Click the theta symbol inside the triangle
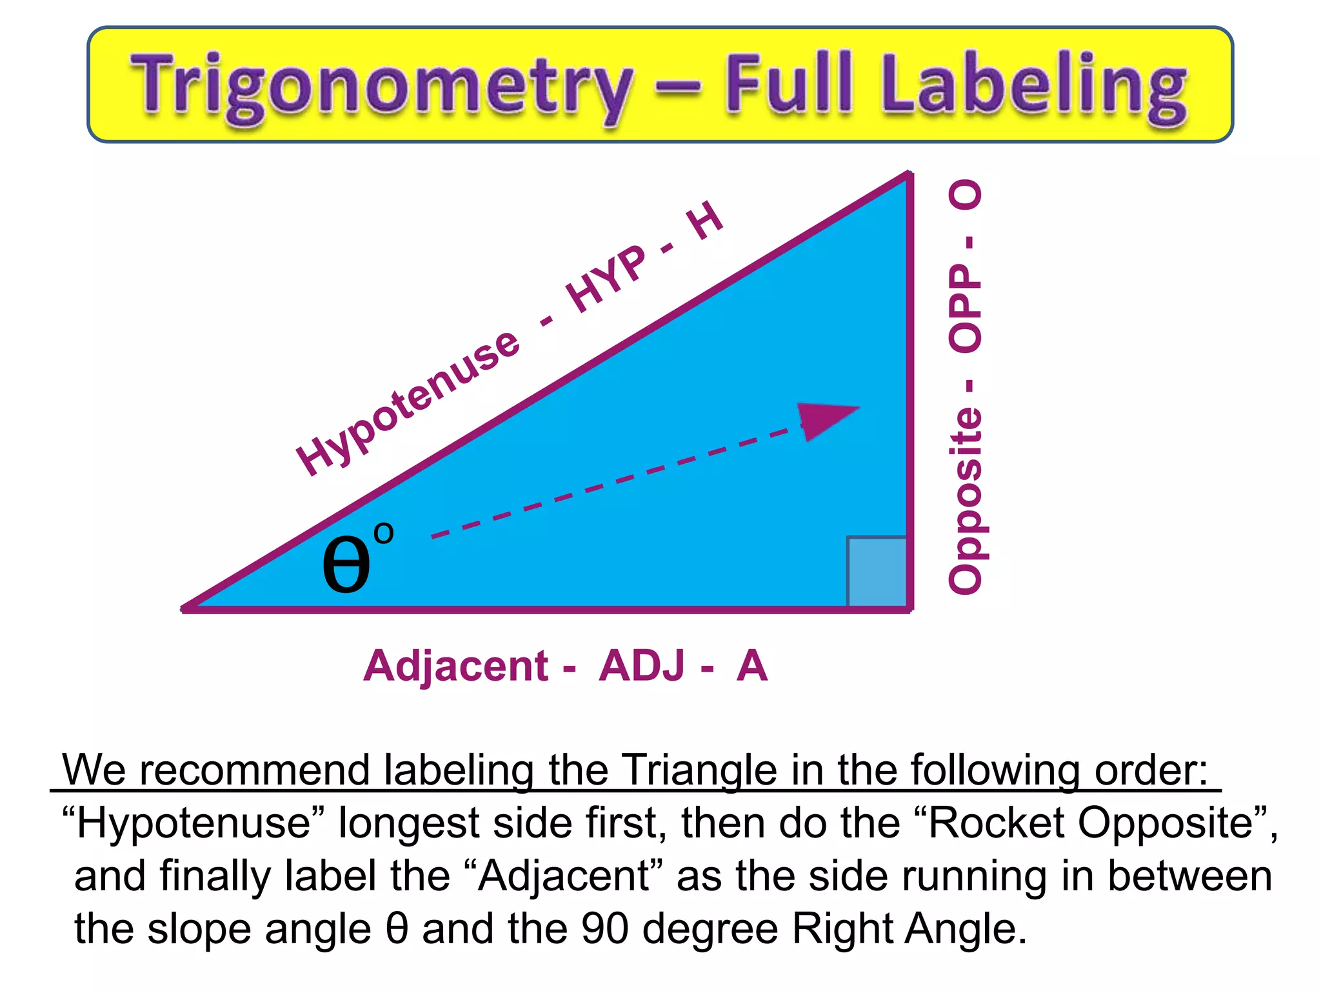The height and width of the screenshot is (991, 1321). click(346, 563)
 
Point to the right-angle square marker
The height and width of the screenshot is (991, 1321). click(877, 571)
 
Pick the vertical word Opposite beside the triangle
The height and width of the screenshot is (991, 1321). click(965, 500)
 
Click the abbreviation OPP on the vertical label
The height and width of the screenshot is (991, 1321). click(965, 308)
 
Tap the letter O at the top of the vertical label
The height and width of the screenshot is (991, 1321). click(965, 195)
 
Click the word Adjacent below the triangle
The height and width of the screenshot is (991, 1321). click(455, 666)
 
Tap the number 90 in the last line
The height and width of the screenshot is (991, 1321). click(604, 928)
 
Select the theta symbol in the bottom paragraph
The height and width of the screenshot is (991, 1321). click(397, 928)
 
